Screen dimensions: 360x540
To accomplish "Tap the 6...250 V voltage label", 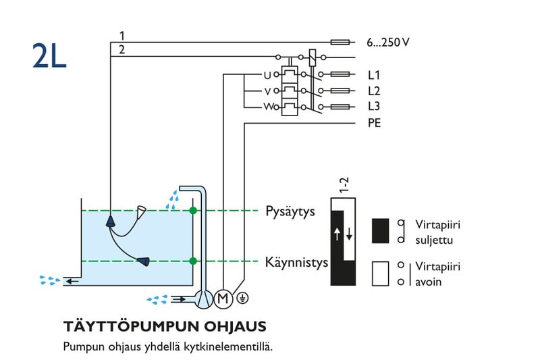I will [x=387, y=43].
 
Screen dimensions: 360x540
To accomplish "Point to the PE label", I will [x=375, y=124].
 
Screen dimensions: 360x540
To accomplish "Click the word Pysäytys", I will [x=290, y=211].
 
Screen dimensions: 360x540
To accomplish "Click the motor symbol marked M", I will [x=222, y=297].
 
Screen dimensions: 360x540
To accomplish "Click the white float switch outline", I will [x=142, y=213].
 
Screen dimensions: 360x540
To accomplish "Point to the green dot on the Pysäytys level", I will [x=194, y=211].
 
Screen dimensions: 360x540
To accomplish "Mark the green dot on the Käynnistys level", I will [x=194, y=261].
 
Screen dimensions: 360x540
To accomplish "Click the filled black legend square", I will [x=381, y=230].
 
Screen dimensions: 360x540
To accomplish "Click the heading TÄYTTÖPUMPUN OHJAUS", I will [x=165, y=327].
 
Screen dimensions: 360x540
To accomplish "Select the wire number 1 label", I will [x=122, y=35].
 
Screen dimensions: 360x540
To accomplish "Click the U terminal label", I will [x=267, y=75].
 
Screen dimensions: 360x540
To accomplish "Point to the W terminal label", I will [x=267, y=107].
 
